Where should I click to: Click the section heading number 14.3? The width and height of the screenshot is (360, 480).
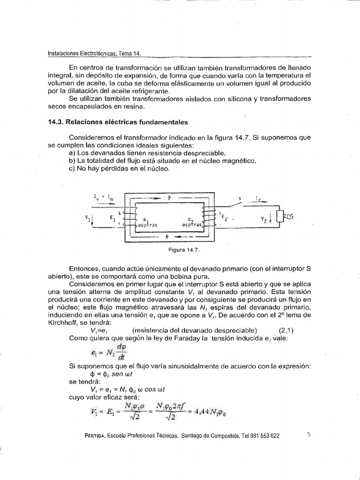pos(56,122)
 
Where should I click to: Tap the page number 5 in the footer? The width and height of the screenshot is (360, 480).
pos(309,434)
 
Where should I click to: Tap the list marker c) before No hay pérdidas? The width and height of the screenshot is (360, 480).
pos(72,169)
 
